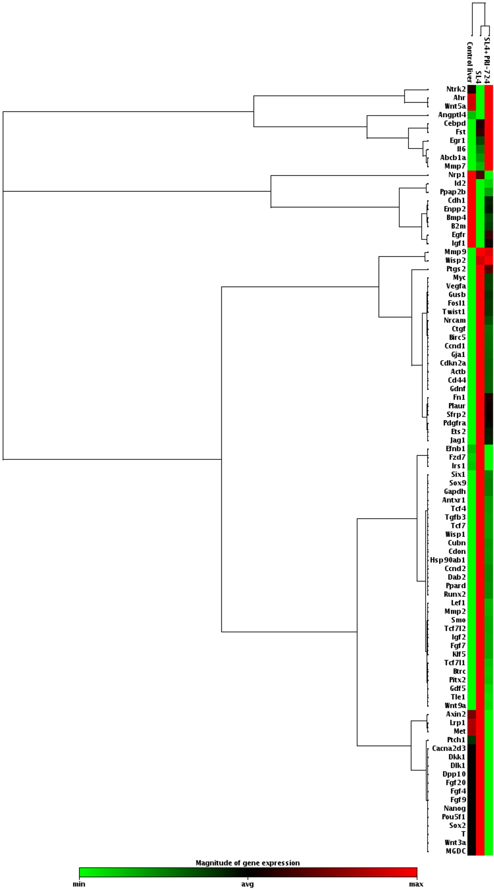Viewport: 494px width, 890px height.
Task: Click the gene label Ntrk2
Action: click(x=456, y=89)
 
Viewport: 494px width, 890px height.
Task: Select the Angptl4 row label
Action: click(x=452, y=115)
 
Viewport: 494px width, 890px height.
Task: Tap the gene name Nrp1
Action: click(x=457, y=175)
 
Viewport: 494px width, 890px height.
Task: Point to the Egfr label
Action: click(x=458, y=235)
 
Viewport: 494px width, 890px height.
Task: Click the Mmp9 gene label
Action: click(x=455, y=252)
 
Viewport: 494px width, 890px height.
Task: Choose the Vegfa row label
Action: click(x=456, y=286)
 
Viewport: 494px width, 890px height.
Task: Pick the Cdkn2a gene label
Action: click(x=453, y=363)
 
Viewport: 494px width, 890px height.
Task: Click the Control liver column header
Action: click(x=470, y=62)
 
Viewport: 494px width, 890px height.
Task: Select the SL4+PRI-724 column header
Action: click(x=487, y=61)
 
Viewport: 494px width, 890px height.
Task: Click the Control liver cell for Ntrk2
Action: click(x=472, y=89)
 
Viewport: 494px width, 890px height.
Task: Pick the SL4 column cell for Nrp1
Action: click(x=480, y=175)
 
